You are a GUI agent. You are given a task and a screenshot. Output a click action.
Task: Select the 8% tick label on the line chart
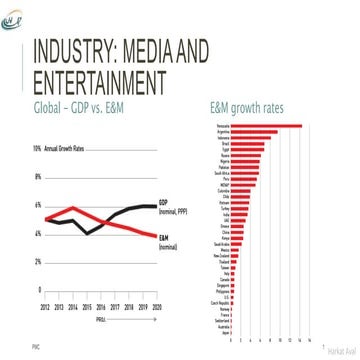pos(38,178)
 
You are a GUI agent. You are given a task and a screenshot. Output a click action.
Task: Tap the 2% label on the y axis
pos(38,262)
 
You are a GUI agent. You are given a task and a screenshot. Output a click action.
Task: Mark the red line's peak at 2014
pos(73,207)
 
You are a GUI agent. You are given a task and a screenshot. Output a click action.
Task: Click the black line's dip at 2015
pos(87,232)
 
